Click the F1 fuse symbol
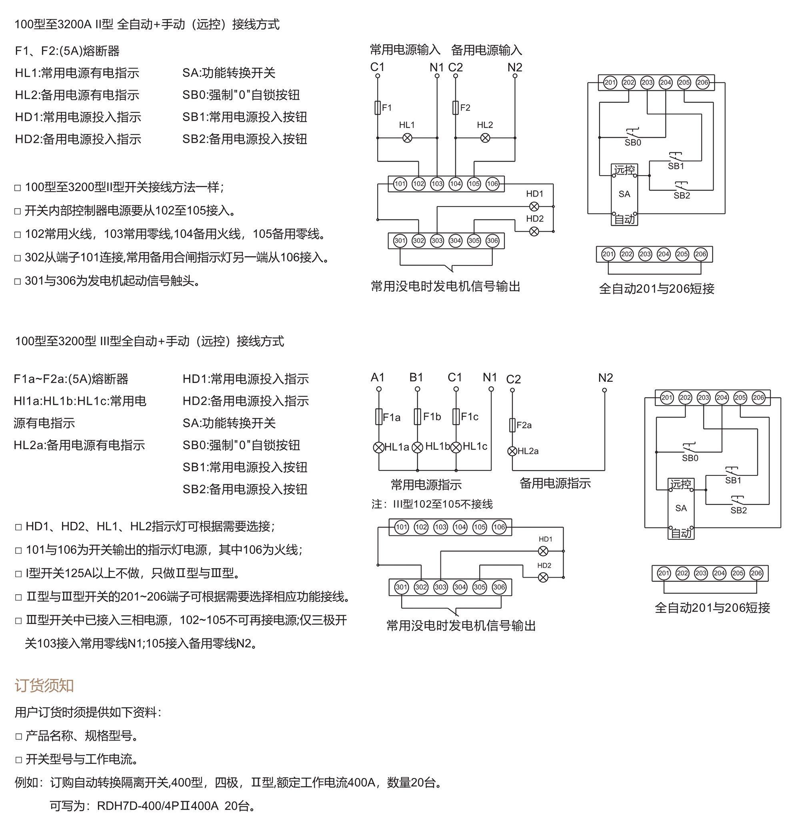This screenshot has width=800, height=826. [x=378, y=108]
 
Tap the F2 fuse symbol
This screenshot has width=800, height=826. [x=456, y=108]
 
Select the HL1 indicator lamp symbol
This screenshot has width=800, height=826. [x=407, y=138]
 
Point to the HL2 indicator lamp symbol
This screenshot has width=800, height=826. [x=485, y=138]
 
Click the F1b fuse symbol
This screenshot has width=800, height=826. [x=418, y=416]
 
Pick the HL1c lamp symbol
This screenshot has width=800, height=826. [x=456, y=447]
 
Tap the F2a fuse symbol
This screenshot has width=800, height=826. [x=512, y=425]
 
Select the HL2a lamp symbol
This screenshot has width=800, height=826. [x=512, y=451]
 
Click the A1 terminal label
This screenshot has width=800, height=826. [x=378, y=377]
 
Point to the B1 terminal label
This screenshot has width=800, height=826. [x=416, y=377]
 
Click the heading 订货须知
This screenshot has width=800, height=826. [x=44, y=686]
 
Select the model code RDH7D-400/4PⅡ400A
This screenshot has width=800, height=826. [x=158, y=806]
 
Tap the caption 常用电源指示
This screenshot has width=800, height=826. [x=426, y=485]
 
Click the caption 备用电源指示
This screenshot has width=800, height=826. [x=555, y=483]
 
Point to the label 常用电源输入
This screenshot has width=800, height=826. [x=405, y=50]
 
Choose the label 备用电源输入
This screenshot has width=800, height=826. [x=486, y=50]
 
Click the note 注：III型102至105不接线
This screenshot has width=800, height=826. [x=432, y=504]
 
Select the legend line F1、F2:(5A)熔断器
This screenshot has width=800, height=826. [x=68, y=51]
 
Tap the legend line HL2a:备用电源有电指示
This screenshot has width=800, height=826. [x=79, y=445]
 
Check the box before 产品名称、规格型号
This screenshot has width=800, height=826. [x=18, y=736]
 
